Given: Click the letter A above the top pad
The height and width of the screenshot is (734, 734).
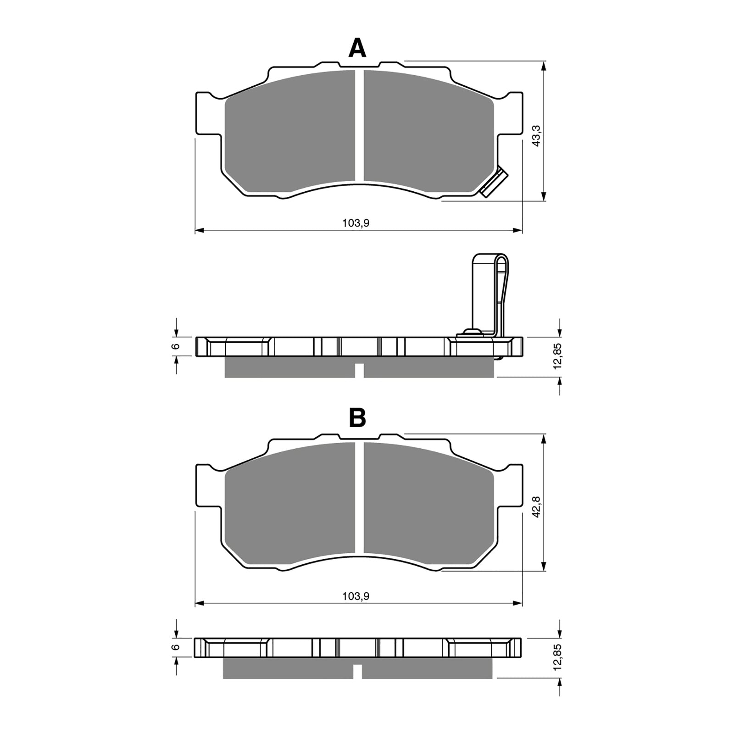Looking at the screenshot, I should [357, 48].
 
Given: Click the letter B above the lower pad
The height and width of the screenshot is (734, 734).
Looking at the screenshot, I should [357, 418].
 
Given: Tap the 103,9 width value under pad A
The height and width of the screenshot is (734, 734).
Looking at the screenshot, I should [356, 223].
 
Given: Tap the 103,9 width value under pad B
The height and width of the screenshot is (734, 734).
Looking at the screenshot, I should [356, 596].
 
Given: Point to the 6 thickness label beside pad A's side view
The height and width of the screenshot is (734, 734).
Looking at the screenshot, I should [175, 346].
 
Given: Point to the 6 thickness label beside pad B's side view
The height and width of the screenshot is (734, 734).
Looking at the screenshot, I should [175, 647].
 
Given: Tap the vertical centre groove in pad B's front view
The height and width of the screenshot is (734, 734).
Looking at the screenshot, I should [359, 497].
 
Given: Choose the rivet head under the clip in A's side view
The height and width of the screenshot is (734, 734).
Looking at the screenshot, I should [472, 332].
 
